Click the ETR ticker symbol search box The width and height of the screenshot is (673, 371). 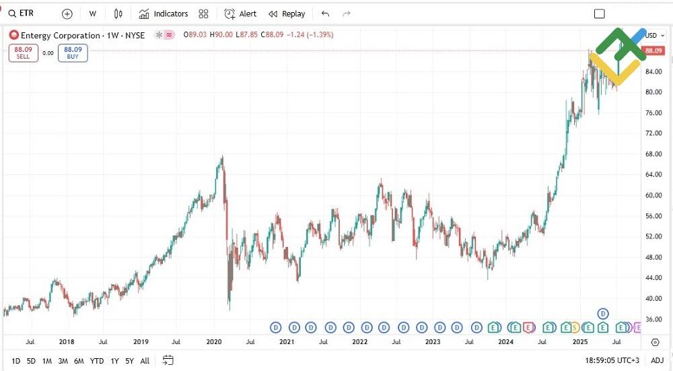point(27,13)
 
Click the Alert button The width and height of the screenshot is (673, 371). point(240,13)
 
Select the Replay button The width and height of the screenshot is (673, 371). point(287,13)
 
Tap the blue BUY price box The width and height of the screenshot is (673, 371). point(73,53)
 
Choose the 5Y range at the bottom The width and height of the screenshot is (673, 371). point(129,361)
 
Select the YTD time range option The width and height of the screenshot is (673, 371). point(97,361)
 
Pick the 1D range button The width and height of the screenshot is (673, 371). point(15,361)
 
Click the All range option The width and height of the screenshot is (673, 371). point(145,361)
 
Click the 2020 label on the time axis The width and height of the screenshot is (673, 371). point(214,341)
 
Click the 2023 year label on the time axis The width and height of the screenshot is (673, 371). point(433,341)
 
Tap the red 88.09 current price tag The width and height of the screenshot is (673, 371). point(653,50)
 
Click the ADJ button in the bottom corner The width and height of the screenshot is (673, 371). point(657,361)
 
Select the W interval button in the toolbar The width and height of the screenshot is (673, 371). point(92,13)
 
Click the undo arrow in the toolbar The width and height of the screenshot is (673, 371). point(326,13)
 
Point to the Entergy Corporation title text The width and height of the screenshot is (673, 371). point(61,34)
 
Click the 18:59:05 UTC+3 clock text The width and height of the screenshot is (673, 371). point(611,361)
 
